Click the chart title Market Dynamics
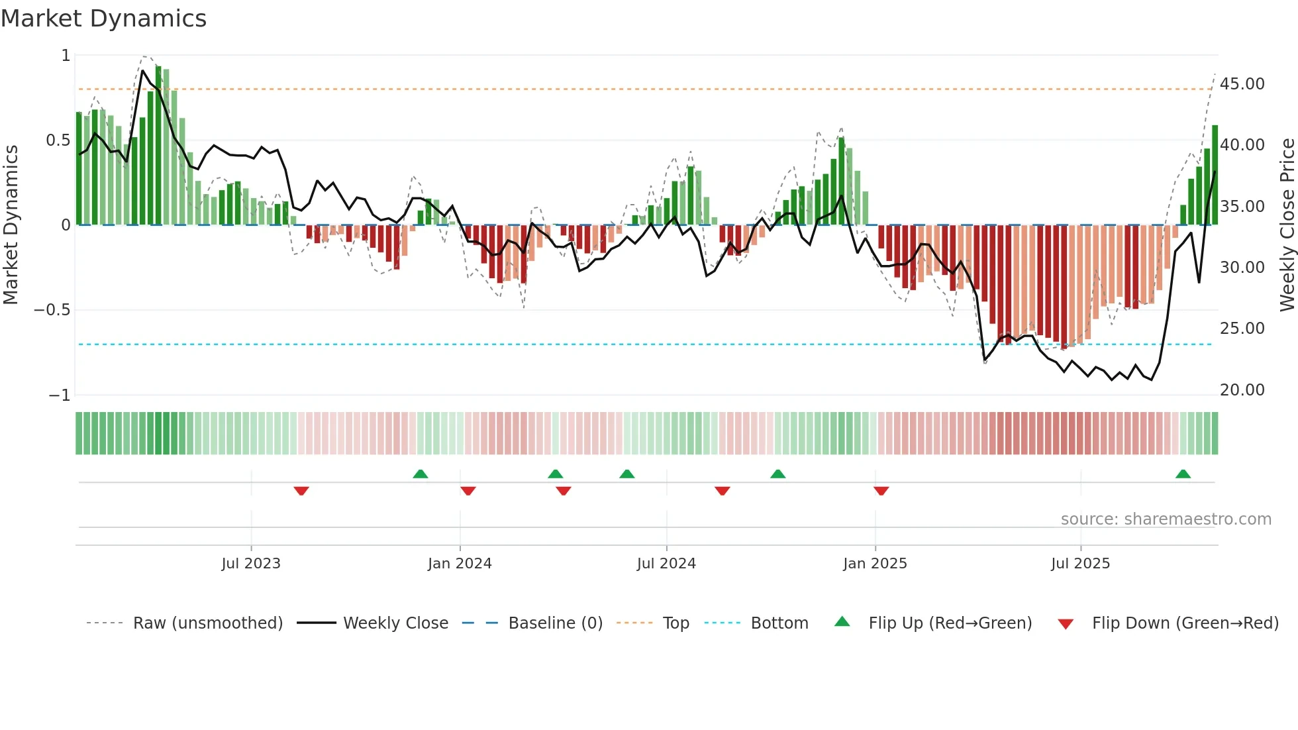pyautogui.click(x=103, y=19)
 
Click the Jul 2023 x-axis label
pyautogui.click(x=251, y=564)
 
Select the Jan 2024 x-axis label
pyautogui.click(x=460, y=564)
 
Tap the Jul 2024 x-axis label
pyautogui.click(x=666, y=564)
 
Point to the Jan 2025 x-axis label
pyautogui.click(x=875, y=564)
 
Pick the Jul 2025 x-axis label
pyautogui.click(x=1080, y=564)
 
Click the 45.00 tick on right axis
pyautogui.click(x=1242, y=84)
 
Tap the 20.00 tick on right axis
pyautogui.click(x=1242, y=390)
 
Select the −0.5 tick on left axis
pyautogui.click(x=52, y=310)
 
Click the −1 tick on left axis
pyautogui.click(x=60, y=395)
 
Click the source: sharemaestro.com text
pyautogui.click(x=1166, y=519)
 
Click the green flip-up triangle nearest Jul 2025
pyautogui.click(x=1183, y=474)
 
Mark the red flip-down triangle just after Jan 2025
pyautogui.click(x=881, y=491)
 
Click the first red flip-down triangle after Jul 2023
pyautogui.click(x=301, y=491)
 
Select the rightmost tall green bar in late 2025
pyautogui.click(x=1215, y=176)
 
